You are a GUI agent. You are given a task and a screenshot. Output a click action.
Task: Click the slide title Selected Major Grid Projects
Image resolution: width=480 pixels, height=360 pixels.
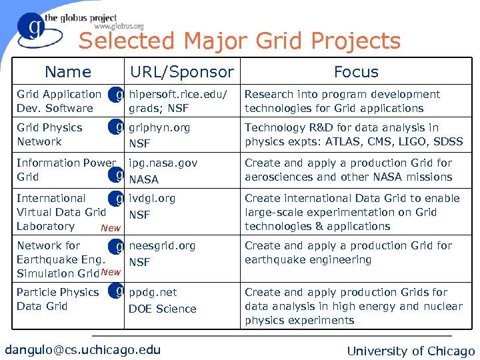pyautogui.click(x=239, y=41)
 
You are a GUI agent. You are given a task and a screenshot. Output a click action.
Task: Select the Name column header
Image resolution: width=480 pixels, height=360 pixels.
pyautogui.click(x=67, y=72)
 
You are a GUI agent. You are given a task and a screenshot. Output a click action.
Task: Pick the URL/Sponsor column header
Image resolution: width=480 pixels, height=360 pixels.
pyautogui.click(x=181, y=72)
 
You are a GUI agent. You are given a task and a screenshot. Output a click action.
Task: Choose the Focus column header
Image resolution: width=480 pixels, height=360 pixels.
pyautogui.click(x=356, y=72)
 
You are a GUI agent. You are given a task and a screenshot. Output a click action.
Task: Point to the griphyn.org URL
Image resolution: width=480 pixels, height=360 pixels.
pyautogui.click(x=159, y=127)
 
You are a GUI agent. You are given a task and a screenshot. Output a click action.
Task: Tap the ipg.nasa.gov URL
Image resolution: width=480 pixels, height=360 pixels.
pyautogui.click(x=163, y=163)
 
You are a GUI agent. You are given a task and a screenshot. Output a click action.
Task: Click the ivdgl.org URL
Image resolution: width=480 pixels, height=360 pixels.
pyautogui.click(x=152, y=198)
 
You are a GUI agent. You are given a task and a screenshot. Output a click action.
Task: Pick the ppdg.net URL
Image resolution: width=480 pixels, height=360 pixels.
pyautogui.click(x=153, y=292)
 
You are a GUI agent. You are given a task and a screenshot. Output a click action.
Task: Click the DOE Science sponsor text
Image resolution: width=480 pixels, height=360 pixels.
pyautogui.click(x=162, y=309)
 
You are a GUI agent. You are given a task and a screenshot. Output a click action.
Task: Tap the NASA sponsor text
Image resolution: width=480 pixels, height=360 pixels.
pyautogui.click(x=143, y=179)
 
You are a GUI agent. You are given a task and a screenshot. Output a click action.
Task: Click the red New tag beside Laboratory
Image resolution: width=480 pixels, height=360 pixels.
pyautogui.click(x=110, y=228)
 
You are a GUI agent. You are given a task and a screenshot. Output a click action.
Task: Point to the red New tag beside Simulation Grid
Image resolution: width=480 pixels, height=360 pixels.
pyautogui.click(x=111, y=272)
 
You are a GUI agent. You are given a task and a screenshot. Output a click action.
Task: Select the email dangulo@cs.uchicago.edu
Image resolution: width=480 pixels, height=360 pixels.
pyautogui.click(x=83, y=349)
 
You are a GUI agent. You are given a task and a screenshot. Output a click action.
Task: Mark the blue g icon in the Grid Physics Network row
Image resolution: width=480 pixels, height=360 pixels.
pyautogui.click(x=118, y=126)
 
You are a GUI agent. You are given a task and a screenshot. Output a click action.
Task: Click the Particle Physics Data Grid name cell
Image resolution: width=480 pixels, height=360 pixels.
pyautogui.click(x=57, y=299)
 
